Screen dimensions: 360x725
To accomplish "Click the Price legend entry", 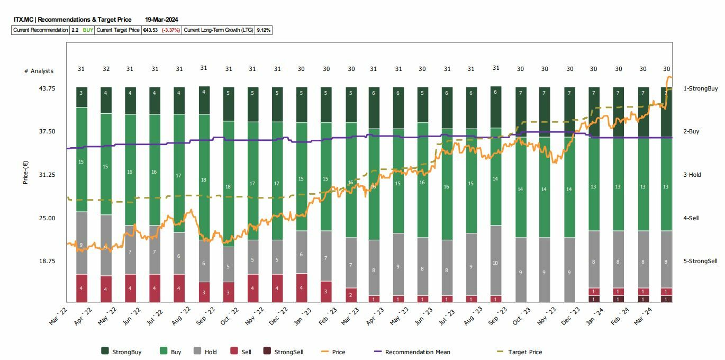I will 338,352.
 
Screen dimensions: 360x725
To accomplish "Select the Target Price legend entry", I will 524,352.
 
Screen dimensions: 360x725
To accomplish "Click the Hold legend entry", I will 211,352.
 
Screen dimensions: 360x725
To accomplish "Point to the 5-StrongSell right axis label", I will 700,261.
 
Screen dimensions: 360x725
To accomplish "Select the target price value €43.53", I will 150,30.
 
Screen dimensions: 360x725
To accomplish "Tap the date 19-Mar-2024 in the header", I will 161,20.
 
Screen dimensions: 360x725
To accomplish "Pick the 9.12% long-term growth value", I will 264,30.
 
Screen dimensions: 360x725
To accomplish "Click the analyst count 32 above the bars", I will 106,69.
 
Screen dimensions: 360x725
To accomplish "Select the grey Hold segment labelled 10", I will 496,263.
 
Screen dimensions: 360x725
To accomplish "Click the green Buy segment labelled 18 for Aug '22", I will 204,180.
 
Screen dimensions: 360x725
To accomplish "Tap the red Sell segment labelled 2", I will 351,295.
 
